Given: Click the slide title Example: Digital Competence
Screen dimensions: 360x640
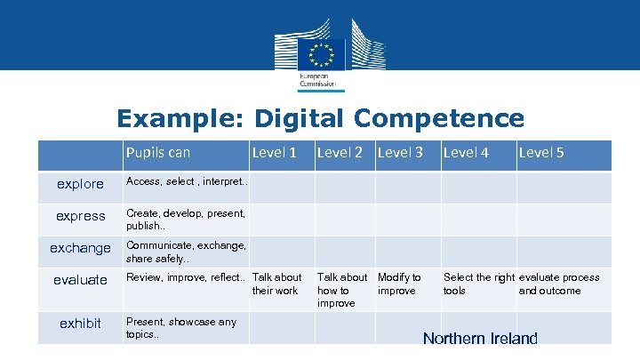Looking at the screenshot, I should (x=320, y=118).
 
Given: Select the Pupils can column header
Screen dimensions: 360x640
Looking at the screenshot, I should (x=157, y=153).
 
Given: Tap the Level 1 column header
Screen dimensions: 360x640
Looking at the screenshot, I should (x=275, y=153).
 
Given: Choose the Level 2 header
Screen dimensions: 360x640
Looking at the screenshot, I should (x=340, y=153).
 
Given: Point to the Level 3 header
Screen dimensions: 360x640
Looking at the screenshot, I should (x=400, y=153).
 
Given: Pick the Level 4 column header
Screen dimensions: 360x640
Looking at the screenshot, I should (x=466, y=153).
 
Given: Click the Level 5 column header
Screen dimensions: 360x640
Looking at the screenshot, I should (x=541, y=153).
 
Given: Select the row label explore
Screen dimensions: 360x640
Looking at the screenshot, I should (x=80, y=185).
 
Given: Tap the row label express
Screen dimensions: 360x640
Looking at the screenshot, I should (x=80, y=216).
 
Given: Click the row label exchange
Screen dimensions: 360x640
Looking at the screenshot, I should (x=80, y=248).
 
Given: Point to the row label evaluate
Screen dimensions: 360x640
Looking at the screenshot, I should (x=80, y=280).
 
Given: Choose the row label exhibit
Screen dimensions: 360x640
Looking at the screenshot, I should (x=80, y=323).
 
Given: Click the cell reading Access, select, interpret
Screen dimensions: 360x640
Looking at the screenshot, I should (x=187, y=182).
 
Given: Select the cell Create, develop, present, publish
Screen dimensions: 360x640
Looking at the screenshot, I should (x=186, y=219).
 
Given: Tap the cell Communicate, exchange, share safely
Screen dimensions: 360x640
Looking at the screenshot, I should (x=186, y=252).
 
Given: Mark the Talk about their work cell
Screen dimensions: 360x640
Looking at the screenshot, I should (x=276, y=284).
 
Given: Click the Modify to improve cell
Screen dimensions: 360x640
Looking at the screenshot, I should (x=400, y=284).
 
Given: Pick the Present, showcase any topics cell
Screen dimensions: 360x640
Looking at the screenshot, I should (x=181, y=327).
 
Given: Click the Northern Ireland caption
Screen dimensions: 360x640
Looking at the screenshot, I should (x=480, y=338).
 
